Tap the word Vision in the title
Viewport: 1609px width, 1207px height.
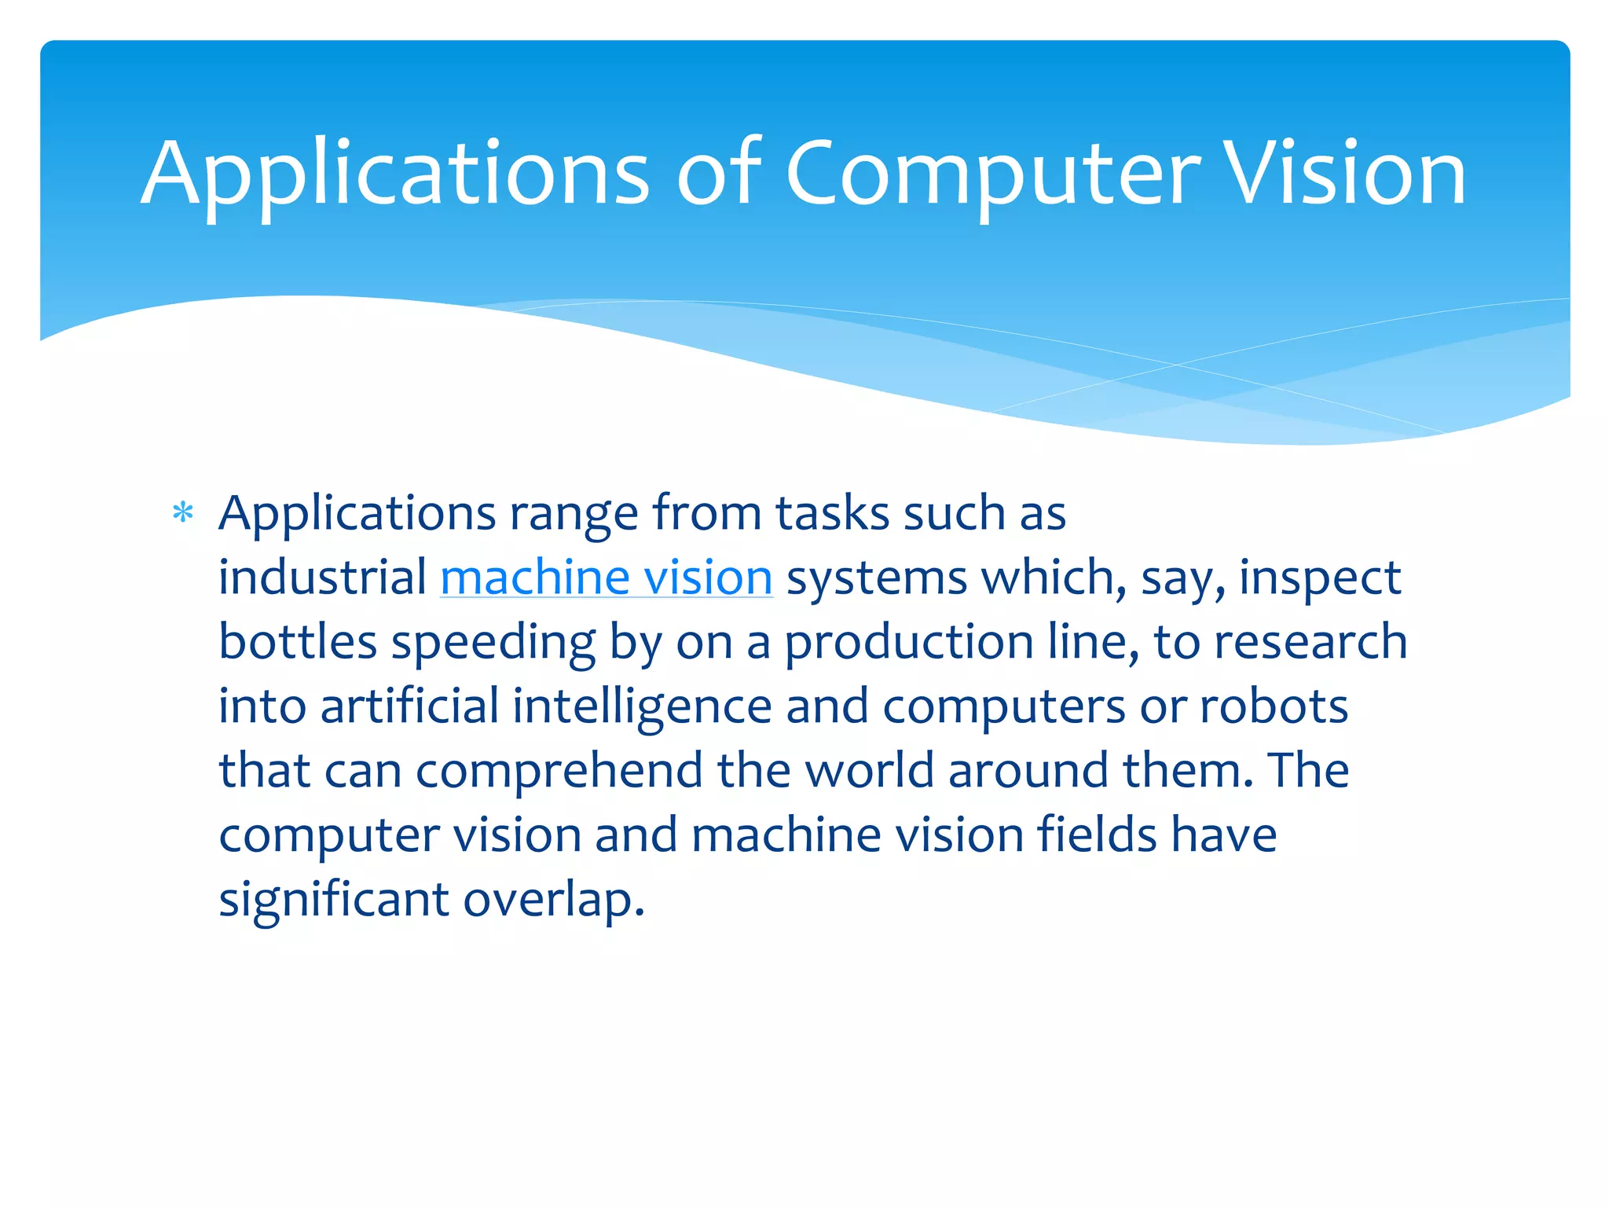click(x=1345, y=174)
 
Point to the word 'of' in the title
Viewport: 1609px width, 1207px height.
click(x=718, y=174)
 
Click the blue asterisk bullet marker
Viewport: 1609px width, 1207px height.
click(x=183, y=514)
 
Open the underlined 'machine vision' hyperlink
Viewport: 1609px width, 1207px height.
click(x=606, y=578)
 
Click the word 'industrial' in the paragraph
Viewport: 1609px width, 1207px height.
click(x=322, y=578)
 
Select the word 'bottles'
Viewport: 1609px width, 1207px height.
click(x=298, y=642)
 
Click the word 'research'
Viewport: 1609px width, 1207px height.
click(x=1310, y=642)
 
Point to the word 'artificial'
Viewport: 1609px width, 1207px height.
click(x=409, y=706)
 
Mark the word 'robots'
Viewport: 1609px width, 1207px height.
click(x=1274, y=706)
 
